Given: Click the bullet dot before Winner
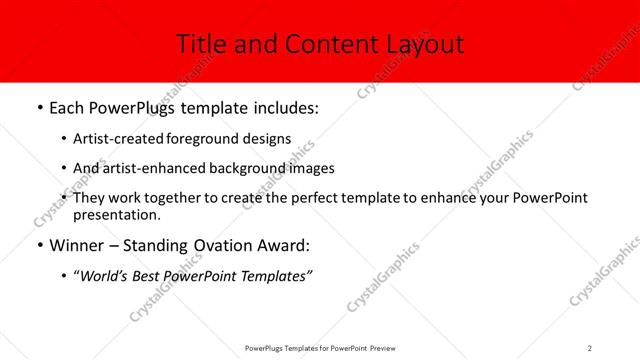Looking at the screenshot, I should click(39, 244).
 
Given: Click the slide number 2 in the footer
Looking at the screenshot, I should click(590, 347).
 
